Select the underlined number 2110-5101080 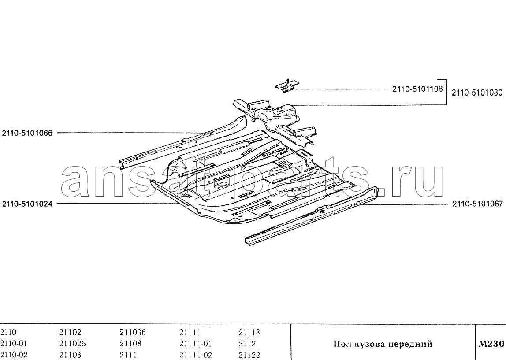[477, 93]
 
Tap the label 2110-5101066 [27, 133]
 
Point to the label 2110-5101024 [27, 204]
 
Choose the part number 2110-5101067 [478, 204]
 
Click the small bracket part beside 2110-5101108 [286, 86]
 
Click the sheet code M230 [491, 344]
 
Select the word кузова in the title [368, 344]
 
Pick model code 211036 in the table [133, 332]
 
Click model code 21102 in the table [70, 332]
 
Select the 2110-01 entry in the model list [14, 344]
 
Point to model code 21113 [249, 332]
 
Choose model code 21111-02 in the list [196, 355]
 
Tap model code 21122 [249, 355]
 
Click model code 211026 [72, 344]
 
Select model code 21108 [130, 344]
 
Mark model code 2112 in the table [247, 344]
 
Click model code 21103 [70, 355]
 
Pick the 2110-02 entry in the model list [14, 355]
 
